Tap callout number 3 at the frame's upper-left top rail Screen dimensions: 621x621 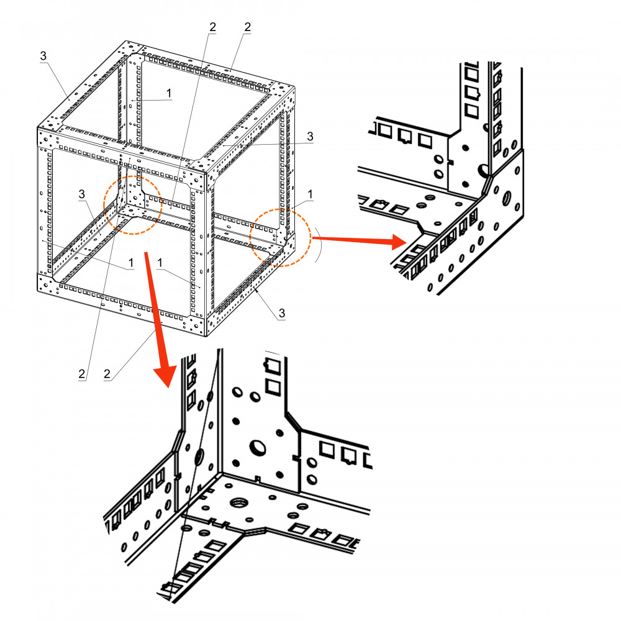[43, 56]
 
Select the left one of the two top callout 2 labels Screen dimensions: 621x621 [212, 27]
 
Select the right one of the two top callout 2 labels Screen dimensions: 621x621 [247, 27]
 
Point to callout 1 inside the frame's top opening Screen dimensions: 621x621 [169, 92]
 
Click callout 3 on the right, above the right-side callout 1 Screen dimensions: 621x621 [309, 137]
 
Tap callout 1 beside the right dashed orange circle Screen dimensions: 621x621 [310, 194]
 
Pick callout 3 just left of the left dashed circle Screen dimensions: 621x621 [81, 195]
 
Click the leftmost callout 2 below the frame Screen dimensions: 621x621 [81, 374]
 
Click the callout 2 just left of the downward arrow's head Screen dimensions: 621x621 [107, 374]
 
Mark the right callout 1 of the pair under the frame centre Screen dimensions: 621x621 [160, 263]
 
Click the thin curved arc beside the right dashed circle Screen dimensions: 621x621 [318, 245]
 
